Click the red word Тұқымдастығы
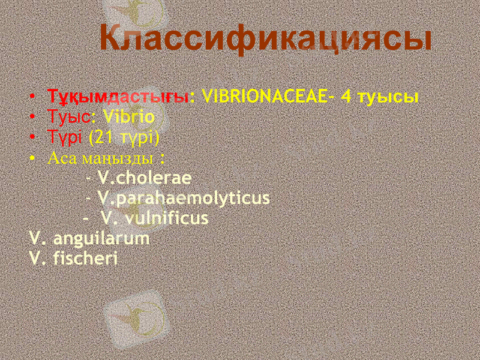pyautogui.click(x=118, y=96)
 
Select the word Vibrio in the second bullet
pyautogui.click(x=128, y=116)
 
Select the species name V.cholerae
pyautogui.click(x=145, y=178)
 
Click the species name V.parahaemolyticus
pyautogui.click(x=184, y=197)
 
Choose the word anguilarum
pyautogui.click(x=101, y=238)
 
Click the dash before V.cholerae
pyautogui.click(x=89, y=178)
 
